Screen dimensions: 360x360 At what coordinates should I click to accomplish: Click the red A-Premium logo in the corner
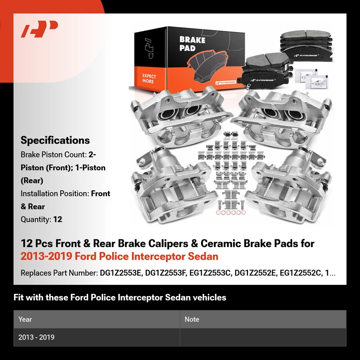39,29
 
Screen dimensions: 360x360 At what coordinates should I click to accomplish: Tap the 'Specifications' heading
55,140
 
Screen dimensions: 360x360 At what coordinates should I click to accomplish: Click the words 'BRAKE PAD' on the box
192,44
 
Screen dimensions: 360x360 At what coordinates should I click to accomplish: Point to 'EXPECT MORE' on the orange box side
149,78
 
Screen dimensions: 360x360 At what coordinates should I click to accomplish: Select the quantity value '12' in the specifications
58,219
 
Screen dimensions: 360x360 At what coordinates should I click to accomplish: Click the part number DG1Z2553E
120,273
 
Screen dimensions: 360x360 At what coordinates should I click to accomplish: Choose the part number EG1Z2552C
300,273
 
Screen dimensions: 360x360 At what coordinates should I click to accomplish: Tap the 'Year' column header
25,319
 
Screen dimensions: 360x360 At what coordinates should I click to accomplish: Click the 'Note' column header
192,319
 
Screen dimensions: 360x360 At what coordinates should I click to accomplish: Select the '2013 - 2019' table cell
36,337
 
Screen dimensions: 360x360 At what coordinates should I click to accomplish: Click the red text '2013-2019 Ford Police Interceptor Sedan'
119,256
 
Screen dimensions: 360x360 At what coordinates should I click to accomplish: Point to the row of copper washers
231,212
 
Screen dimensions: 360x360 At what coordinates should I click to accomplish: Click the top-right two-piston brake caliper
281,117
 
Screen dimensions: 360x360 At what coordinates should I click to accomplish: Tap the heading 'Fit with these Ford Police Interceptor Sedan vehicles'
120,297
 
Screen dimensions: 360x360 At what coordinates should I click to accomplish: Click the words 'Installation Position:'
55,193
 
